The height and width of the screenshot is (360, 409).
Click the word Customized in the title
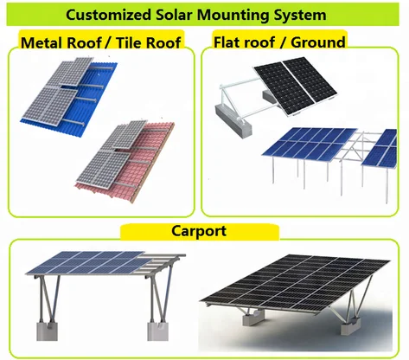(x=108, y=15)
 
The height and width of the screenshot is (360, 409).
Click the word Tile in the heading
(x=129, y=42)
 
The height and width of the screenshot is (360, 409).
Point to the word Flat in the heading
(x=228, y=42)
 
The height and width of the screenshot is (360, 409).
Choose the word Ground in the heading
(x=317, y=42)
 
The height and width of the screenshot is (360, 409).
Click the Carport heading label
(x=199, y=231)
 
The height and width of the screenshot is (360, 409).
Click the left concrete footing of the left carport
(x=47, y=331)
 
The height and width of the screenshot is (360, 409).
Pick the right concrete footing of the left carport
(x=157, y=331)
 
